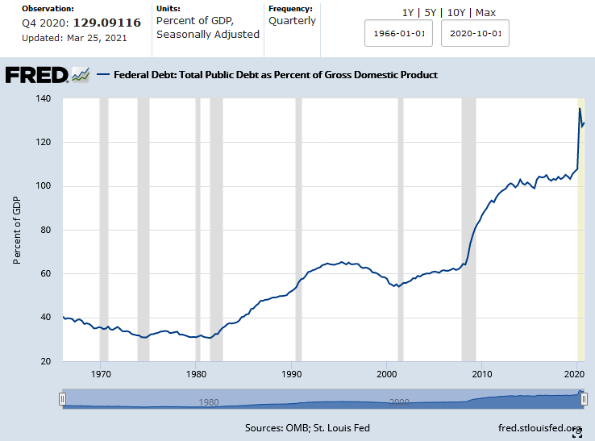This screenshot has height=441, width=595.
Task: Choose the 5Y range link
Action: tap(432, 13)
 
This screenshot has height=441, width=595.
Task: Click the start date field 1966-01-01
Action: tap(399, 35)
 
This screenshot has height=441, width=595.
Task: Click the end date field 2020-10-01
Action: tap(475, 35)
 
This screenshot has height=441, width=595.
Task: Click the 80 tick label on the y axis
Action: tap(44, 230)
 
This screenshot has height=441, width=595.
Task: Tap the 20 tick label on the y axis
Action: tap(44, 361)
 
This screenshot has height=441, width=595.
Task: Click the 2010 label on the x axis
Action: tap(481, 374)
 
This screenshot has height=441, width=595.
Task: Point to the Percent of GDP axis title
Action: tap(17, 230)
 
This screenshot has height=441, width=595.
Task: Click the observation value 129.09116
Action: tap(107, 23)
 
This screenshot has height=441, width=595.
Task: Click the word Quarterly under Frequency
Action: tap(292, 20)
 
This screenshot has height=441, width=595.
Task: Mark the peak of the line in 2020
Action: tap(580, 108)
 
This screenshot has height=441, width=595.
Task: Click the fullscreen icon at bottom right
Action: tap(577, 434)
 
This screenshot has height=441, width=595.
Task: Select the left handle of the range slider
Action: tap(62, 399)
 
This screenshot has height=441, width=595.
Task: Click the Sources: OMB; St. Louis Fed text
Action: tap(307, 427)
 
